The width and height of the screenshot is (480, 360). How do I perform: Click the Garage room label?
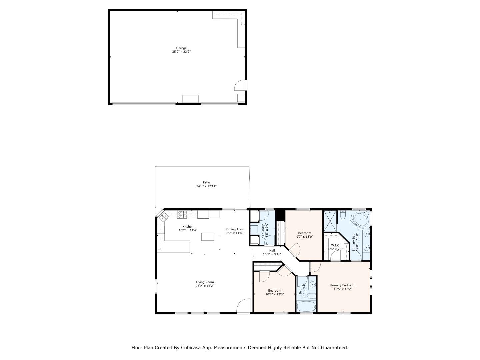tap(181, 48)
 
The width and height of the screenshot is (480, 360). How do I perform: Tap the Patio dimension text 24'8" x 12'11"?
tap(206, 186)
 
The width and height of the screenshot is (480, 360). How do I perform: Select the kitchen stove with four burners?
tap(182, 214)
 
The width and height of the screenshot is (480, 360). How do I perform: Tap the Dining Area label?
tap(235, 229)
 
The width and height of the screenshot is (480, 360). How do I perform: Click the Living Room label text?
tap(205, 282)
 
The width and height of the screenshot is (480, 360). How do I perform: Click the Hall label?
tap(272, 251)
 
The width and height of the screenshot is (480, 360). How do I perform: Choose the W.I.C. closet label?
tap(335, 245)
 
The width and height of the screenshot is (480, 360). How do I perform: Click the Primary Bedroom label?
tap(343, 285)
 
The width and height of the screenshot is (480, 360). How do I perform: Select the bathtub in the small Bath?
tap(306, 307)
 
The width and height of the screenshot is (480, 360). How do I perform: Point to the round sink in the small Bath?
tap(313, 285)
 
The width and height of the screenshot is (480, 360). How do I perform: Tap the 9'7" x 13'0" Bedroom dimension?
tap(304, 237)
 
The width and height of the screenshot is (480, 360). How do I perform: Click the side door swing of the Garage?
tap(241, 85)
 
